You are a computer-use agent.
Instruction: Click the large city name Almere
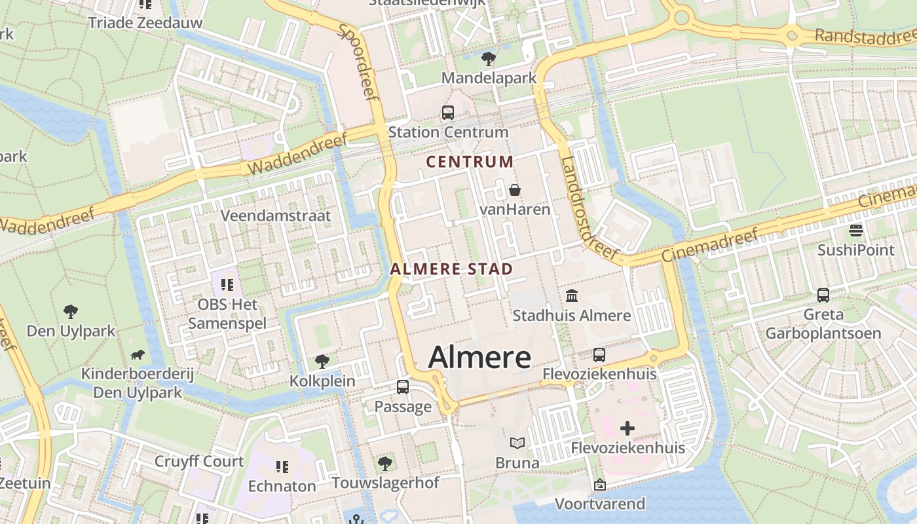[x=479, y=358]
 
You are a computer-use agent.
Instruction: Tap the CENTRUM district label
[x=470, y=161]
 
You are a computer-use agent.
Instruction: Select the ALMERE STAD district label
[x=451, y=269]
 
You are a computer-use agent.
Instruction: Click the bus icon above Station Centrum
[x=448, y=113]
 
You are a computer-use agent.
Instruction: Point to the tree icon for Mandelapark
[x=488, y=60]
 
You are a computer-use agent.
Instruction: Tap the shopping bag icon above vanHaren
[x=515, y=191]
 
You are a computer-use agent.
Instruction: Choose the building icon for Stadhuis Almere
[x=572, y=296]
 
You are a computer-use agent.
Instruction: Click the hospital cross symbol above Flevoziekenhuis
[x=627, y=428]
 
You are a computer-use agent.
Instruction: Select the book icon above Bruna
[x=517, y=443]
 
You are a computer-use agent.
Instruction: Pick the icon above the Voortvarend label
[x=599, y=485]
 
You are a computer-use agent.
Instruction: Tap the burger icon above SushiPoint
[x=855, y=231]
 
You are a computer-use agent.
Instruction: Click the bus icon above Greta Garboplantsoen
[x=823, y=295]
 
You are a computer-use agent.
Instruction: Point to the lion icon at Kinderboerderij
[x=138, y=355]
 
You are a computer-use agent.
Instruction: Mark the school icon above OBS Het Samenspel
[x=227, y=285]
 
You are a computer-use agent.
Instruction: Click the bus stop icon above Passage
[x=403, y=387]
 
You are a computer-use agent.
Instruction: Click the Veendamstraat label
[x=276, y=215]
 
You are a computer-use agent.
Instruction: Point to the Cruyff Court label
[x=199, y=461]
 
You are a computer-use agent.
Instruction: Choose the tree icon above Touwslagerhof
[x=385, y=464]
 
